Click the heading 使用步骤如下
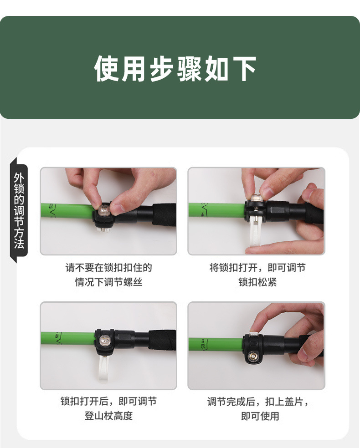tap(175, 69)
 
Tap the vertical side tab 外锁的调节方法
tap(19, 210)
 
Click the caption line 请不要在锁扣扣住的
tap(108, 268)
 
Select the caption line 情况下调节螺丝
tap(108, 282)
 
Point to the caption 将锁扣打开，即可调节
tap(257, 268)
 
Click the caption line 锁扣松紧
tap(257, 282)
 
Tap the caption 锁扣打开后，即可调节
tap(108, 402)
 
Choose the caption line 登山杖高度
tap(108, 416)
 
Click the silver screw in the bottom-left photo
tap(104, 340)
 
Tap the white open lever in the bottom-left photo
tap(102, 367)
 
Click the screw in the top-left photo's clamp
tap(103, 211)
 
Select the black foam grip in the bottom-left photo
tap(162, 340)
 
